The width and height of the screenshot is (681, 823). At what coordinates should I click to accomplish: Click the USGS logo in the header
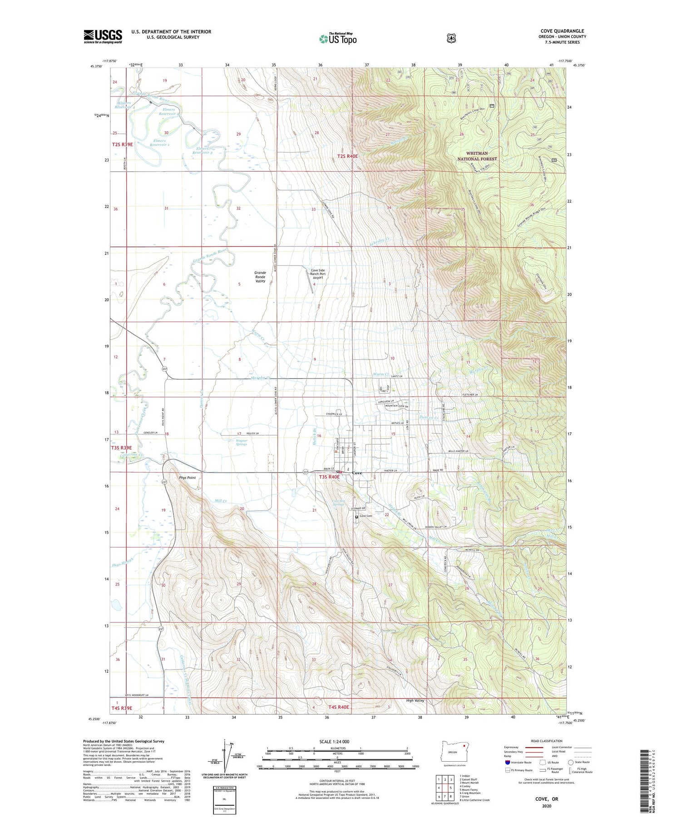pos(103,36)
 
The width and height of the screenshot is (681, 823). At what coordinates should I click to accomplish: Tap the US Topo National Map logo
pos(338,38)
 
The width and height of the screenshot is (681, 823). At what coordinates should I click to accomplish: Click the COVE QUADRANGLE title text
pos(562,31)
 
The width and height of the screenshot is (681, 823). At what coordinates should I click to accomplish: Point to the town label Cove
pos(357,473)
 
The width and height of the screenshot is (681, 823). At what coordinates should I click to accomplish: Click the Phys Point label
pos(187,478)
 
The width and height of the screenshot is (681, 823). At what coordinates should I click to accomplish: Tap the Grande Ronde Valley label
pos(260,277)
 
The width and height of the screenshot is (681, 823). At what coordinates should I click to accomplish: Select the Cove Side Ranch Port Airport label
pos(318,274)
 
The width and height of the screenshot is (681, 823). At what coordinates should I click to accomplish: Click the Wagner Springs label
pos(242,442)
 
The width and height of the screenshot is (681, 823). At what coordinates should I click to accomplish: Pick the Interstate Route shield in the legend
pos(508,762)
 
